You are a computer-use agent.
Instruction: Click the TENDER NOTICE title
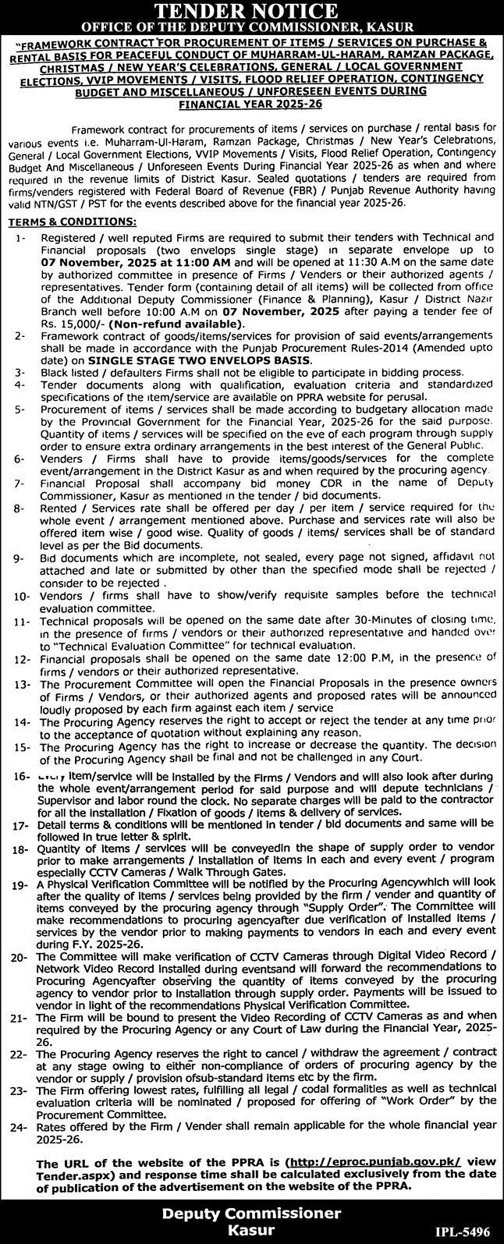(251, 11)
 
